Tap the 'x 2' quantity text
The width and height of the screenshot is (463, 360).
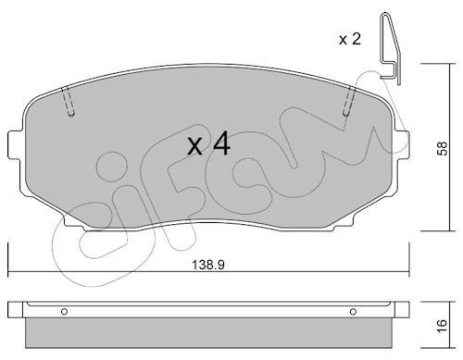tap(349, 39)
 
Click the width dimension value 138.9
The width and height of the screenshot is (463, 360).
tap(208, 265)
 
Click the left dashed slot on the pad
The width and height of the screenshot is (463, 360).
tap(69, 104)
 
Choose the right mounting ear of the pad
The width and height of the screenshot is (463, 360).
tap(404, 145)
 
